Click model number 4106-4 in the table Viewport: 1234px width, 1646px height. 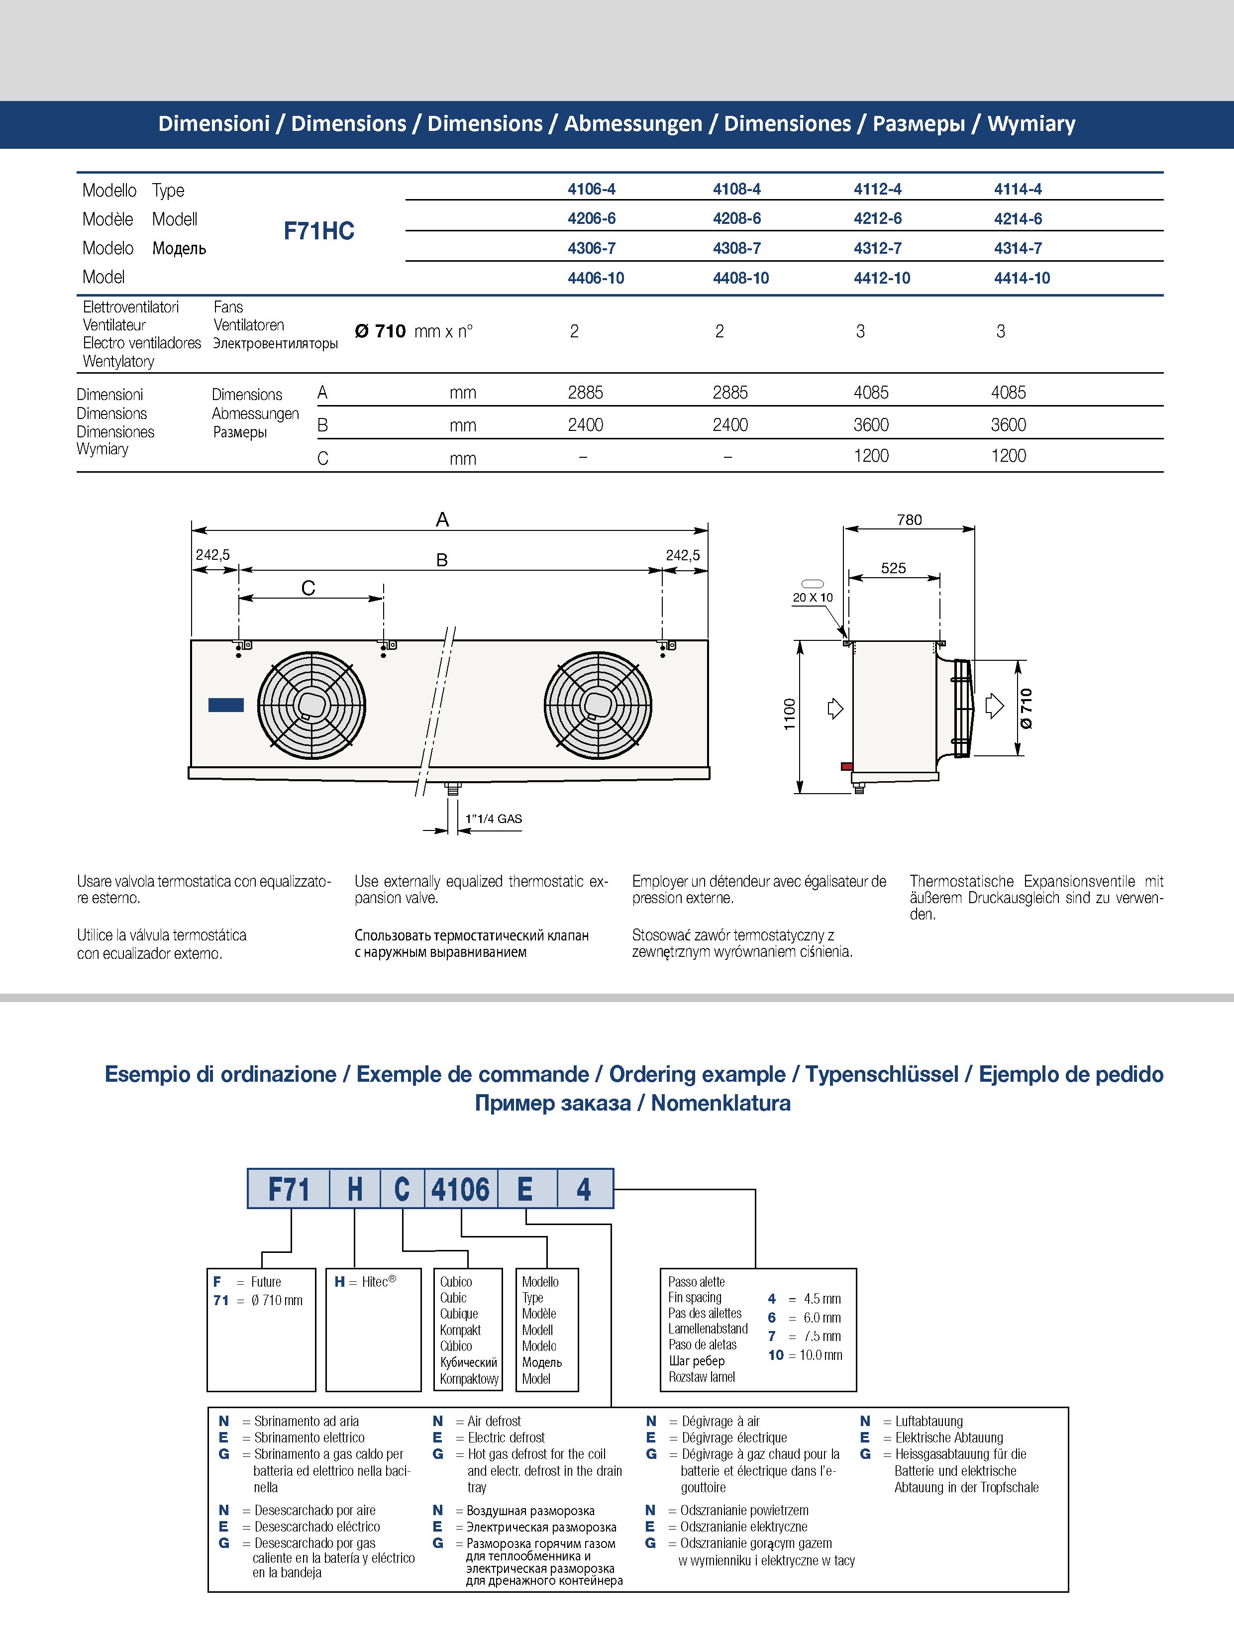click(x=591, y=189)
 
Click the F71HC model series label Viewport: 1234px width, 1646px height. click(x=318, y=231)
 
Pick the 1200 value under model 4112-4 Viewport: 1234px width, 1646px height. click(x=871, y=455)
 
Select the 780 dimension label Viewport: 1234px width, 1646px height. click(x=909, y=519)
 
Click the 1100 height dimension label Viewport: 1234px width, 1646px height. click(x=790, y=715)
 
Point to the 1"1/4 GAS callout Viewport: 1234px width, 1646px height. click(x=494, y=819)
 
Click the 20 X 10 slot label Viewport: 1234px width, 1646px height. click(x=813, y=598)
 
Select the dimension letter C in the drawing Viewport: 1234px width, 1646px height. click(x=308, y=588)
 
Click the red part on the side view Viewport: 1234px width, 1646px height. click(x=846, y=766)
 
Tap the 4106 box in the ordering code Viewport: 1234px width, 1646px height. click(x=461, y=1189)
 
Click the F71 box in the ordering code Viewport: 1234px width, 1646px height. click(x=288, y=1189)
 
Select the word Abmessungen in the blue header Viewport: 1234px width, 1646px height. click(x=632, y=123)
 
